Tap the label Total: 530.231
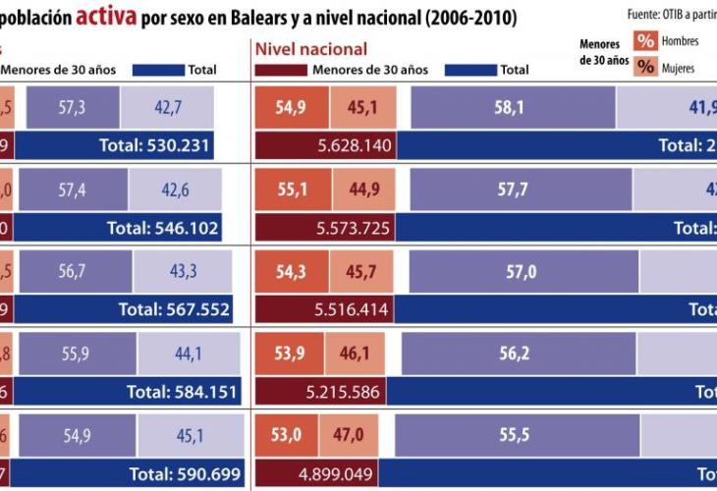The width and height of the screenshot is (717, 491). pyautogui.click(x=155, y=145)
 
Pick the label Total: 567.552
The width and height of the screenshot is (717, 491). pyautogui.click(x=174, y=309)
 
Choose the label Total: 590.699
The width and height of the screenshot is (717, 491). pyautogui.click(x=185, y=474)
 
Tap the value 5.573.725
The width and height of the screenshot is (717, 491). pyautogui.click(x=354, y=228)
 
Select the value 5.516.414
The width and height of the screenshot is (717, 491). pyautogui.click(x=353, y=309)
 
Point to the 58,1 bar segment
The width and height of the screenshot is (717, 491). pyautogui.click(x=513, y=107)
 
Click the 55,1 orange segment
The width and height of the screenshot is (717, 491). pyautogui.click(x=293, y=190)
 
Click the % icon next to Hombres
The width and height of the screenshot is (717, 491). pyautogui.click(x=645, y=41)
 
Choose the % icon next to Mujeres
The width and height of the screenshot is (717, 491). pyautogui.click(x=645, y=67)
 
